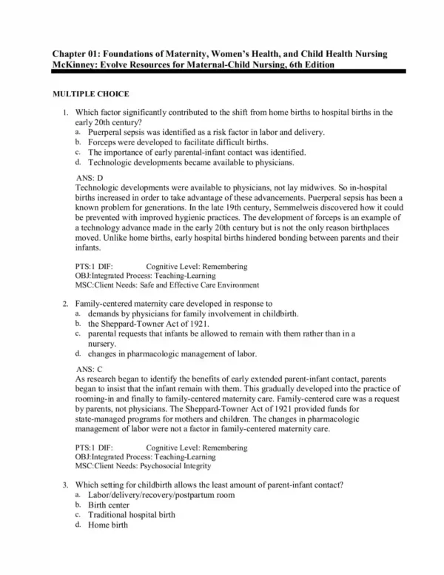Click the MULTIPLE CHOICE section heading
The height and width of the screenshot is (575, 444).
(90, 94)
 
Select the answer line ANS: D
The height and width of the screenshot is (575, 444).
(90, 178)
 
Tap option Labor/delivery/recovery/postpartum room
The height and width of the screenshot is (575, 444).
(165, 494)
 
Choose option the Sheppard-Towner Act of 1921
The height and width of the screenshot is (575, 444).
(149, 324)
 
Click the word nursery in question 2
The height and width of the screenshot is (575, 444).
(102, 344)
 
